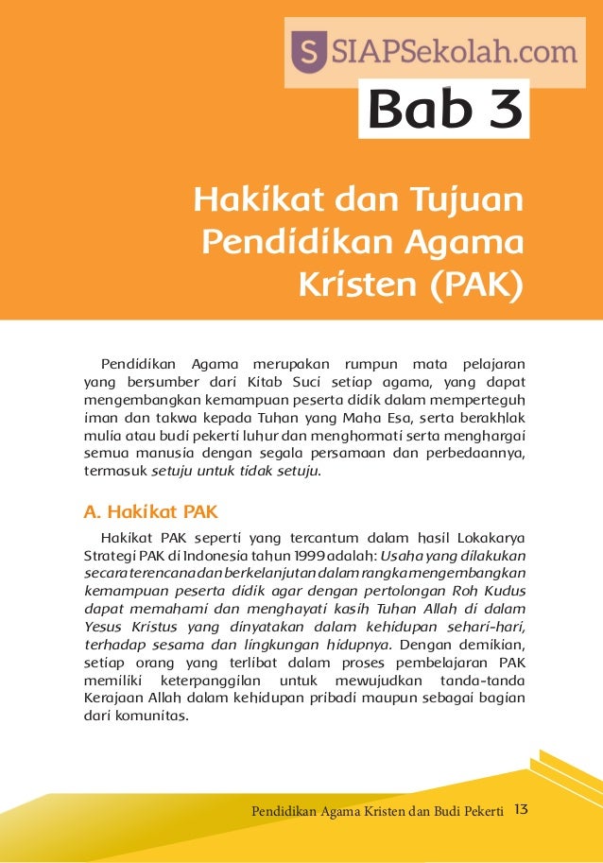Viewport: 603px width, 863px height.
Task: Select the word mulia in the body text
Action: point(100,435)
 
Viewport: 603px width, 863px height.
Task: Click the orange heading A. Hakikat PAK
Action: point(150,512)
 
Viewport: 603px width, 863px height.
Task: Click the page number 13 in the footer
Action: point(520,808)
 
